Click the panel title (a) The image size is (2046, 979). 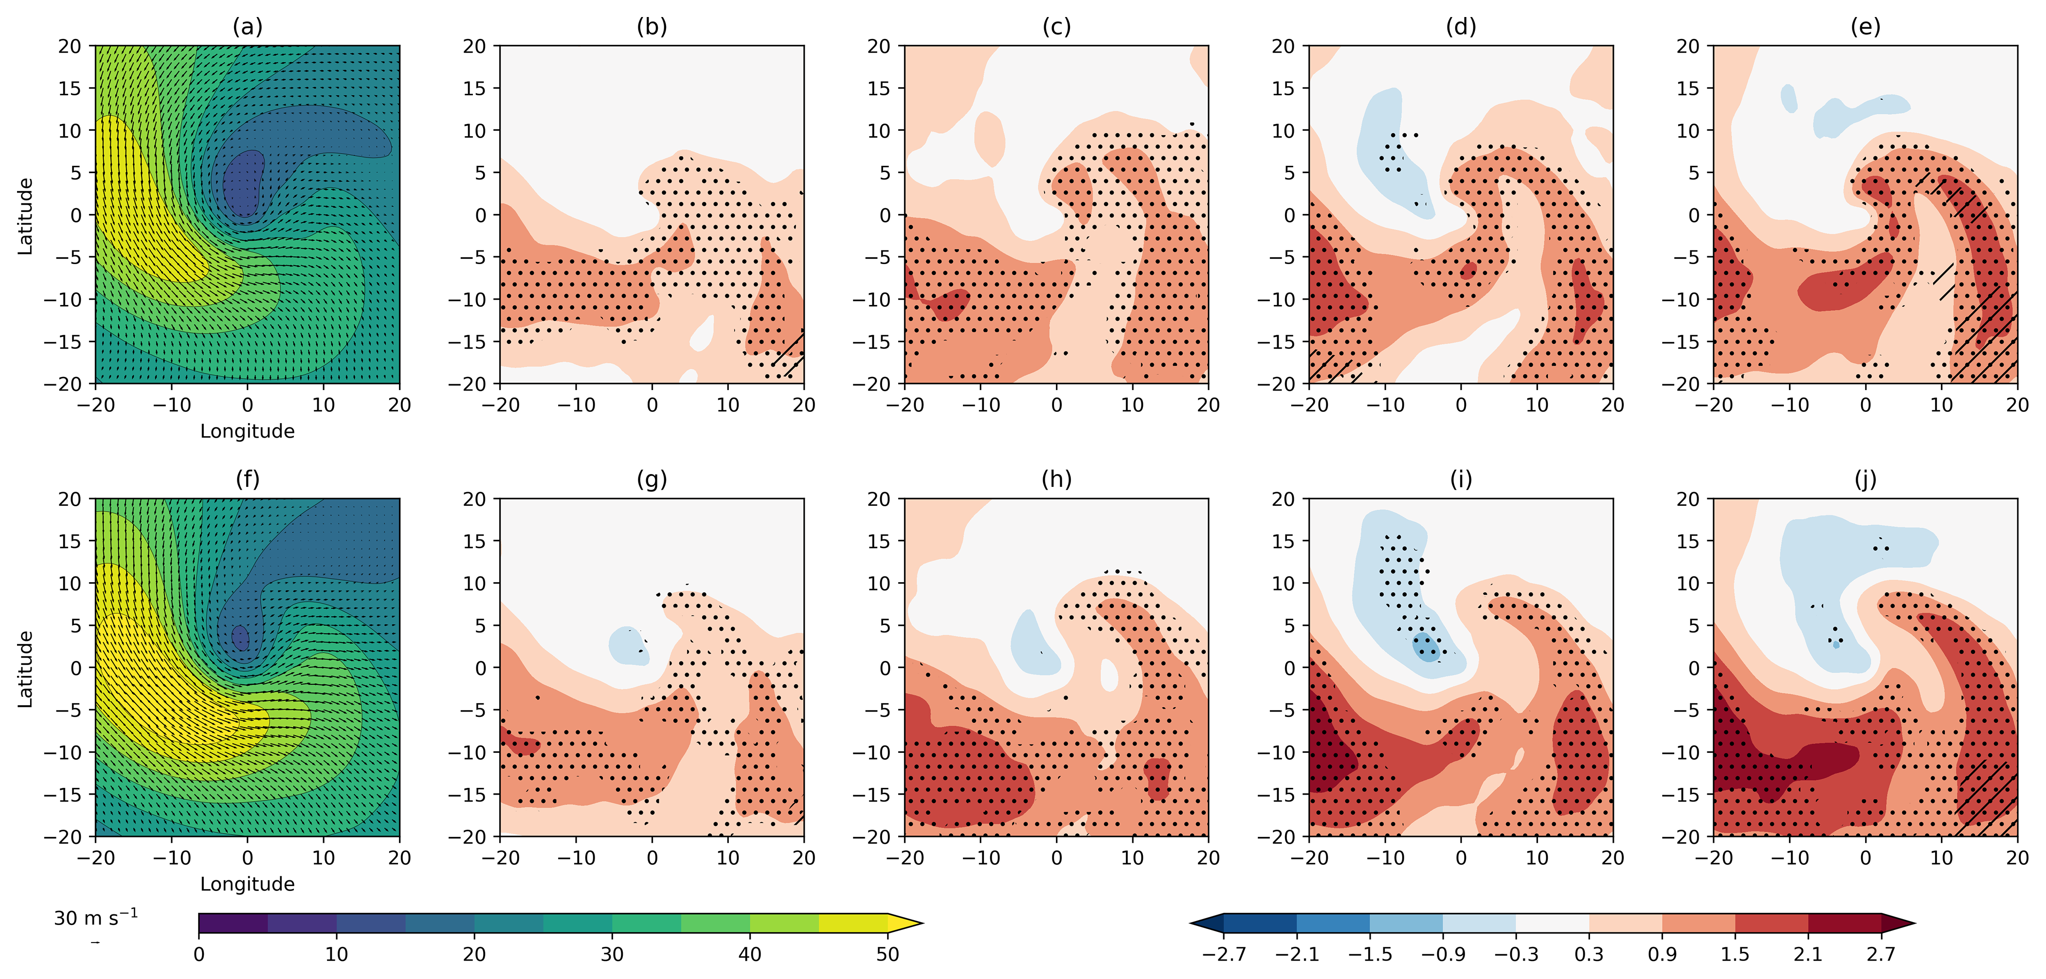click(x=247, y=27)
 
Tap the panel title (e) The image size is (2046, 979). click(x=1865, y=27)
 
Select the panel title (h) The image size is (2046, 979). click(x=1056, y=480)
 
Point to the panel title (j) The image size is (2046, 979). click(x=1865, y=480)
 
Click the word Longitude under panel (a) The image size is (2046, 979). click(x=247, y=431)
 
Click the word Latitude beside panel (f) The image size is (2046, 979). click(x=25, y=669)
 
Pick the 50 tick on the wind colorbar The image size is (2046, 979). click(x=887, y=954)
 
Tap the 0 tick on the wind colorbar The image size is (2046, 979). click(x=199, y=954)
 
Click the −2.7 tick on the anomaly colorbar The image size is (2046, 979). click(x=1224, y=954)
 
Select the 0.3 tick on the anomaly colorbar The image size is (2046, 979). click(x=1589, y=954)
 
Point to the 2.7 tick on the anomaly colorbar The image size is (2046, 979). click(x=1881, y=954)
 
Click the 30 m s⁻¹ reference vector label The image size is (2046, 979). click(x=95, y=919)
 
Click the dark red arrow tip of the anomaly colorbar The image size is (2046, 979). click(x=1898, y=924)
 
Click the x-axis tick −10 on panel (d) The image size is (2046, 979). click(x=1385, y=405)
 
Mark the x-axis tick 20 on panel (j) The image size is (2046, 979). click(x=2017, y=857)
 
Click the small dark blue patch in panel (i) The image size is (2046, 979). click(x=1427, y=648)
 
